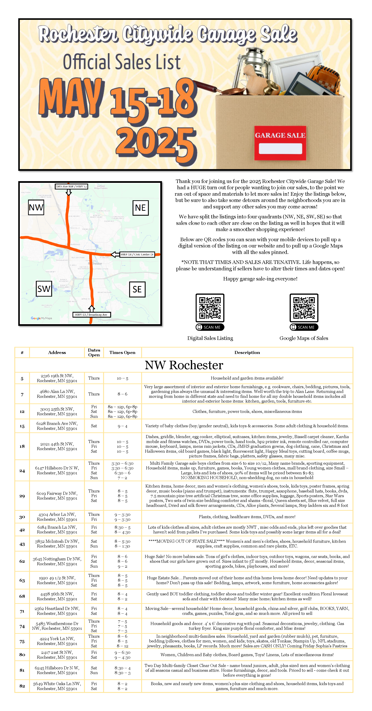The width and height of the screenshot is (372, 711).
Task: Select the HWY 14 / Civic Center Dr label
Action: [x=137, y=254]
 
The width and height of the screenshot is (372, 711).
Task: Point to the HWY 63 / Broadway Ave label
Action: [x=91, y=315]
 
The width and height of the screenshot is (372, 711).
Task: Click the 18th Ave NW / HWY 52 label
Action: [x=71, y=186]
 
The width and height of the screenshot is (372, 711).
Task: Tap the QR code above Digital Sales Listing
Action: [x=210, y=308]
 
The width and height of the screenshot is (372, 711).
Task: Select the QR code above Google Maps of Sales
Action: [x=304, y=308]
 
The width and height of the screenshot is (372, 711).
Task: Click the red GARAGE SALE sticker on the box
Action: [x=280, y=143]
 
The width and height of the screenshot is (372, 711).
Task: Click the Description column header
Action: [x=247, y=352]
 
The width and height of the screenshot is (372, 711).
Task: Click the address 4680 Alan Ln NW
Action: [x=57, y=394]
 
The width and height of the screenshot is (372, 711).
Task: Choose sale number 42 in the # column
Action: [x=22, y=530]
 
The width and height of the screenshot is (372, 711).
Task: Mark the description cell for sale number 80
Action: [x=247, y=655]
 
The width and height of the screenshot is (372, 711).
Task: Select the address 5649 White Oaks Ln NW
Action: [x=57, y=686]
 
